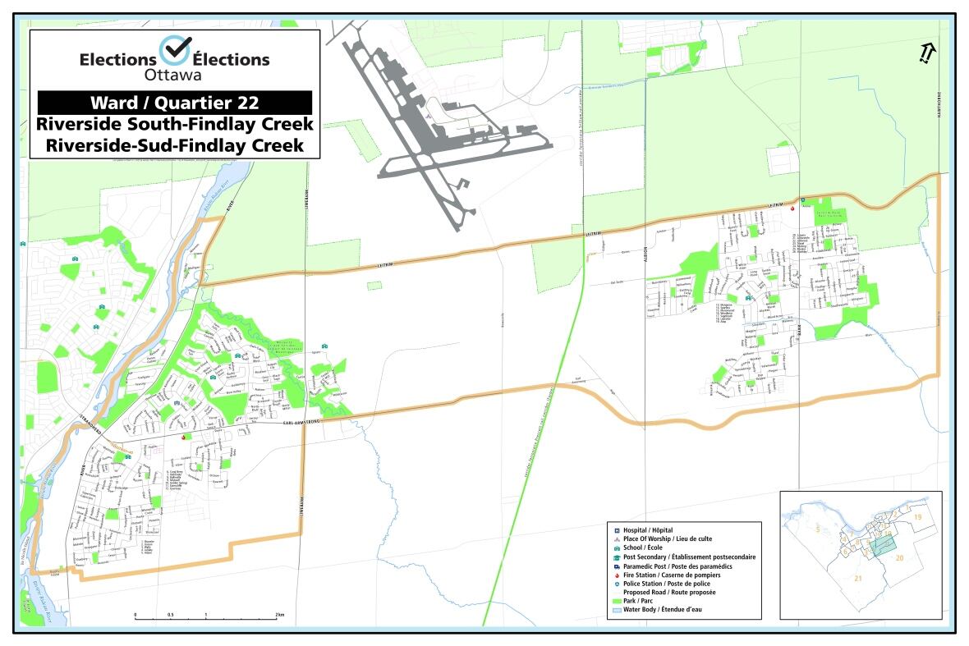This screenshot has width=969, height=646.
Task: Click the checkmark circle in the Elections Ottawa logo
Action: click(x=173, y=51)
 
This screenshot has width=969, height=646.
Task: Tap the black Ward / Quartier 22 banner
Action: click(x=174, y=103)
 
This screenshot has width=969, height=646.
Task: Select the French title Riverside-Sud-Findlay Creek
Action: click(x=174, y=145)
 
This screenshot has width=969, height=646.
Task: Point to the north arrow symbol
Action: click(x=926, y=53)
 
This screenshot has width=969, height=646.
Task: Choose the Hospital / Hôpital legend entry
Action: click(x=653, y=530)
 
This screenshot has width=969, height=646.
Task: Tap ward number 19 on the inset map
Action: click(x=918, y=516)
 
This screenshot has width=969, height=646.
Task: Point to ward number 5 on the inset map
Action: click(x=816, y=530)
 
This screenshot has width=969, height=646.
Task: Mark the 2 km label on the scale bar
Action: click(x=279, y=615)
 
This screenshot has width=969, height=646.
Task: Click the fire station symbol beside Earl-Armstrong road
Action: click(x=182, y=438)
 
